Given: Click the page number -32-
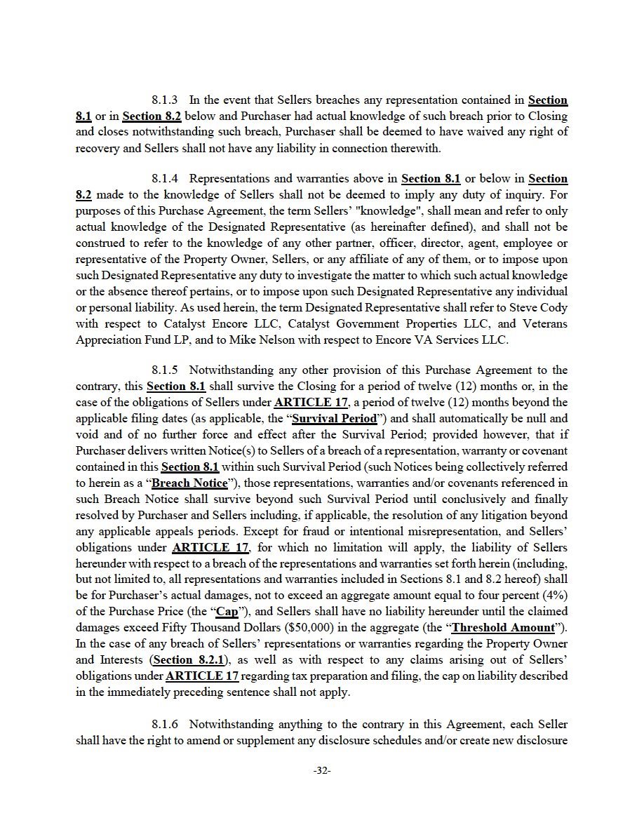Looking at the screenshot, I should coord(322,770).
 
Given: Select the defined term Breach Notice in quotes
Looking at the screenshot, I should coord(189,483).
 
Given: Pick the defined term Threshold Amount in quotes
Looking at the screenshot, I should coord(503,627).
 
